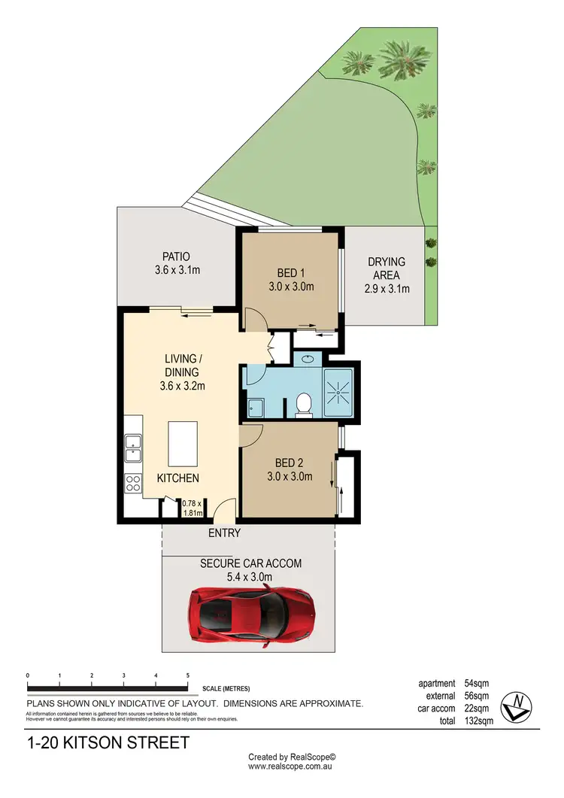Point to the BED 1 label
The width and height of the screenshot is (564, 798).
290,273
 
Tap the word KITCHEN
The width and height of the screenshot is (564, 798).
177,478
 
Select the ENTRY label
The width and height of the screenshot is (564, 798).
224,533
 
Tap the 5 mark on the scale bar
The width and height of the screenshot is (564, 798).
187,675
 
